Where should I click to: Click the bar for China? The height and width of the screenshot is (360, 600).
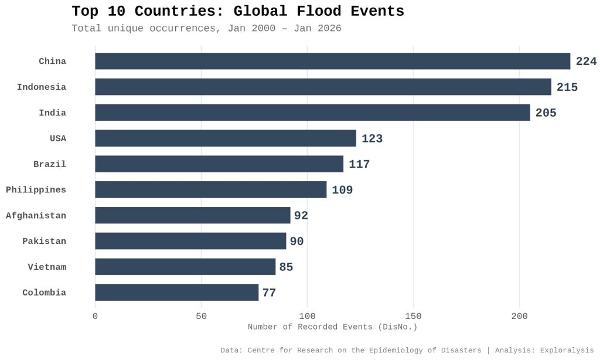[x=332, y=62]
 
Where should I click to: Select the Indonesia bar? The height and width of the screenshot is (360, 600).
[x=323, y=87]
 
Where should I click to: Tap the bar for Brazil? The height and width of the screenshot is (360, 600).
[x=219, y=164]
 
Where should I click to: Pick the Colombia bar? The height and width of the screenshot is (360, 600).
[x=176, y=293]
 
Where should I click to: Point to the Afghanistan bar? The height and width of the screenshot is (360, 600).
[x=192, y=215]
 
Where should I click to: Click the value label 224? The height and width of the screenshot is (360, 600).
[x=586, y=62]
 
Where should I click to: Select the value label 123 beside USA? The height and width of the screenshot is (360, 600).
[x=372, y=139]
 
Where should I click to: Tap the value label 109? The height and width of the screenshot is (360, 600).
[x=342, y=190]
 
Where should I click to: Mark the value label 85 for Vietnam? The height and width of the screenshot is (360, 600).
[x=286, y=267]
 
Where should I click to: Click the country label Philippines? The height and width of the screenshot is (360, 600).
[x=36, y=190]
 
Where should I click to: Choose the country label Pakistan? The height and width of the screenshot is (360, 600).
[x=44, y=242]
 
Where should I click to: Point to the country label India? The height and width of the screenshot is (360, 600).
[x=52, y=113]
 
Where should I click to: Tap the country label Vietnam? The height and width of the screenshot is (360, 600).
[x=47, y=267]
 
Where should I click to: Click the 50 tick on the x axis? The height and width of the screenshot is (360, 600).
[x=202, y=317]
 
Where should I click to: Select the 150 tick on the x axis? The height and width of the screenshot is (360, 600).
[x=413, y=317]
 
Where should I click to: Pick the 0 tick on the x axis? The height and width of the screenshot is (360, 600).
[x=96, y=317]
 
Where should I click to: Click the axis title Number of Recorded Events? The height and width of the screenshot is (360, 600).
[x=332, y=327]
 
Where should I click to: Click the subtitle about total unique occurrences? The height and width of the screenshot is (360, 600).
[x=206, y=28]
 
